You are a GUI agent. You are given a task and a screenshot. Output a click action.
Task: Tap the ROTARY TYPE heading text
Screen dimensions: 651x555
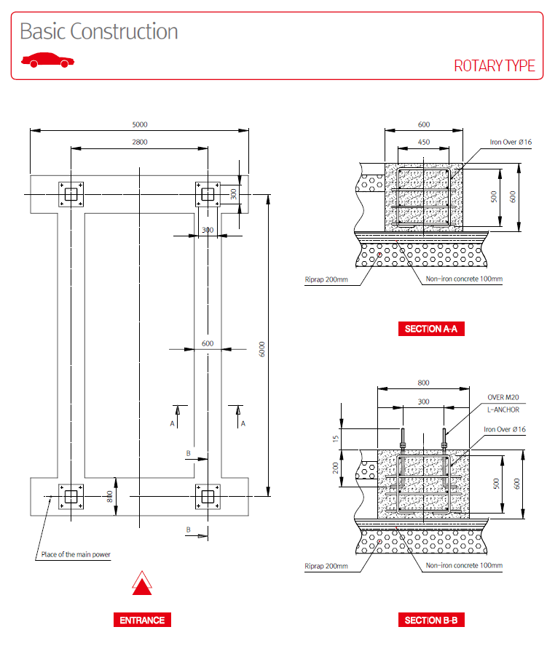[x=495, y=66]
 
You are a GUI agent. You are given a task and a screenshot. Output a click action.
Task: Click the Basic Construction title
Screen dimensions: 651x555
[x=99, y=32]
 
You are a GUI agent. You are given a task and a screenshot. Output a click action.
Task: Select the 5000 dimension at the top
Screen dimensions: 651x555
[x=140, y=125]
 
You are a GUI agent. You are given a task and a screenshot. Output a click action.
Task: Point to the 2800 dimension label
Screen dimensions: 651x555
[x=140, y=143]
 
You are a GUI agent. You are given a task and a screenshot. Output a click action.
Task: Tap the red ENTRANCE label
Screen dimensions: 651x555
[x=143, y=620]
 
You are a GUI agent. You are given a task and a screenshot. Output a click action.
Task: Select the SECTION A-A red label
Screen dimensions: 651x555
[x=430, y=329]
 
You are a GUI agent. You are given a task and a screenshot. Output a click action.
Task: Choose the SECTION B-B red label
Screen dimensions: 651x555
[x=430, y=620]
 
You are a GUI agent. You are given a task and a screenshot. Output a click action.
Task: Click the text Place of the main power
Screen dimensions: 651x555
[x=76, y=555]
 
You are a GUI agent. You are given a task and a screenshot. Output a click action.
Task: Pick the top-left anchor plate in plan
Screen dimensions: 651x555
[x=71, y=194]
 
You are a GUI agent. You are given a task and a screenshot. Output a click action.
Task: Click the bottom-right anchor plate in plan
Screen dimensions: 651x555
[x=208, y=497]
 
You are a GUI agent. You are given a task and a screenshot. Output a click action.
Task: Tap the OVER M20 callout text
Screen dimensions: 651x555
[x=503, y=397]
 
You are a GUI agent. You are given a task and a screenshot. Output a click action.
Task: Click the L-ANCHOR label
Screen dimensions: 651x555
[x=503, y=410]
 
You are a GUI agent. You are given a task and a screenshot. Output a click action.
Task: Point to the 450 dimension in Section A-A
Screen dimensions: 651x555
[x=423, y=143]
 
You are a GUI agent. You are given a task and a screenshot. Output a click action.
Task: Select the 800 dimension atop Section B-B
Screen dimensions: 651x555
[x=423, y=383]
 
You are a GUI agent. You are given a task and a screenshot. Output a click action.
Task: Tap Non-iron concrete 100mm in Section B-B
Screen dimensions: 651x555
[x=464, y=565]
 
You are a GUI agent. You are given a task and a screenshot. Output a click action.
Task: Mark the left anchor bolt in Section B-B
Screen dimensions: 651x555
[x=401, y=439]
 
